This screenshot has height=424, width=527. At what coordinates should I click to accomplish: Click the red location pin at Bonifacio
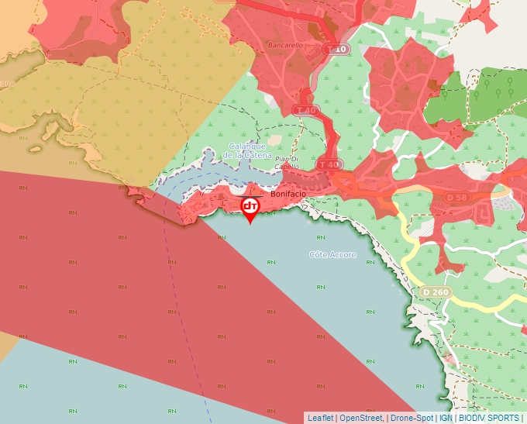(250, 208)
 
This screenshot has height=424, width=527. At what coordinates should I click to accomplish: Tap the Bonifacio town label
(289, 195)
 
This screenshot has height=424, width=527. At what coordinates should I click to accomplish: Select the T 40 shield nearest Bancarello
(307, 111)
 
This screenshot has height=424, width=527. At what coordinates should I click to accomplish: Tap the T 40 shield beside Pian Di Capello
(329, 164)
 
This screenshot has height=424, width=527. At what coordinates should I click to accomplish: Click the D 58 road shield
(457, 198)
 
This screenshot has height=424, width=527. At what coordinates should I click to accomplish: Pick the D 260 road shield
(436, 291)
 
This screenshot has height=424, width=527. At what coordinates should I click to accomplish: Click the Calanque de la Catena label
(247, 151)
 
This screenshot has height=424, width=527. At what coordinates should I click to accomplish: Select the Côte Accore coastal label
(333, 254)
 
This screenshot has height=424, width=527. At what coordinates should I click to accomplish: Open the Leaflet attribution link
(320, 418)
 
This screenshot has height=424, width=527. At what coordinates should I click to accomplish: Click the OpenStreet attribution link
(361, 418)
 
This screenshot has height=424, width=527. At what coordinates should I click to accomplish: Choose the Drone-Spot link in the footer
(412, 418)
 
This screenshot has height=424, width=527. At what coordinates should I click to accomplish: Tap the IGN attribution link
(446, 418)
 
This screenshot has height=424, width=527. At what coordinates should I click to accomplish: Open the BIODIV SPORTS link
(489, 418)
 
